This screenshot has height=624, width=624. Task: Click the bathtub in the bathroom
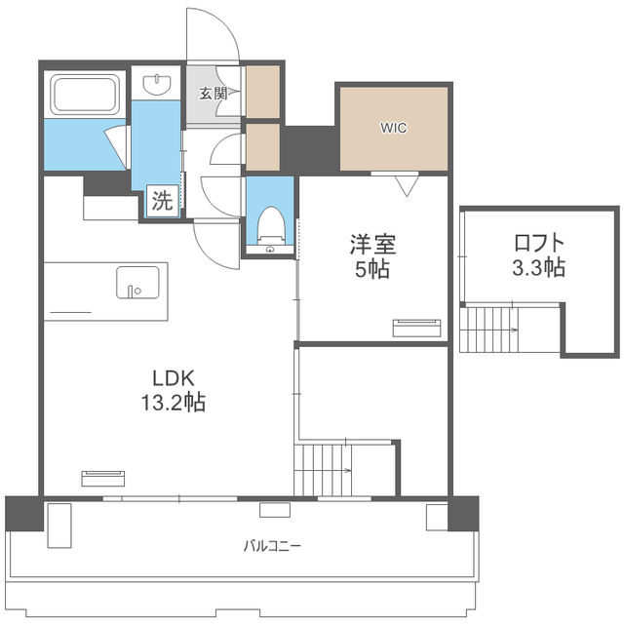pos(85,95)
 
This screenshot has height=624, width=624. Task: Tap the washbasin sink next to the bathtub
pos(157,84)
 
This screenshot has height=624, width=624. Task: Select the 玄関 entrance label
pos(214,94)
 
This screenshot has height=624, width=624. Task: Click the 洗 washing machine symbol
pos(163,201)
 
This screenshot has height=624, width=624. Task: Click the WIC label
pos(393,128)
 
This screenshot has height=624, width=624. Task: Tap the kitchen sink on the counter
pos(137,283)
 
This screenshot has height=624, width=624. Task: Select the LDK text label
pos(174,378)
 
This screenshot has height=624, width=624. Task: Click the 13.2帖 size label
pos(174,403)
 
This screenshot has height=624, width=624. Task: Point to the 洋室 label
pos(372,245)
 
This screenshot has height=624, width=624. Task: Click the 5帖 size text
pos(372,269)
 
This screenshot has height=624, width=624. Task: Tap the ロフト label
pos(539,243)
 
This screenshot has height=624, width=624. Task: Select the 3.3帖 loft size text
pos(538,267)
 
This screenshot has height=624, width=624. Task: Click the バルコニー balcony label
pos(272,546)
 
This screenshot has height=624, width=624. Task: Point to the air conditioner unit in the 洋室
pos(416,328)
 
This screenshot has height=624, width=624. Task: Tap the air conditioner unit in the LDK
pos(103,479)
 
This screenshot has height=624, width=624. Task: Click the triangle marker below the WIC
pos(407,186)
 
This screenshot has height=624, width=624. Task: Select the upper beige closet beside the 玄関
pos(262,92)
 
